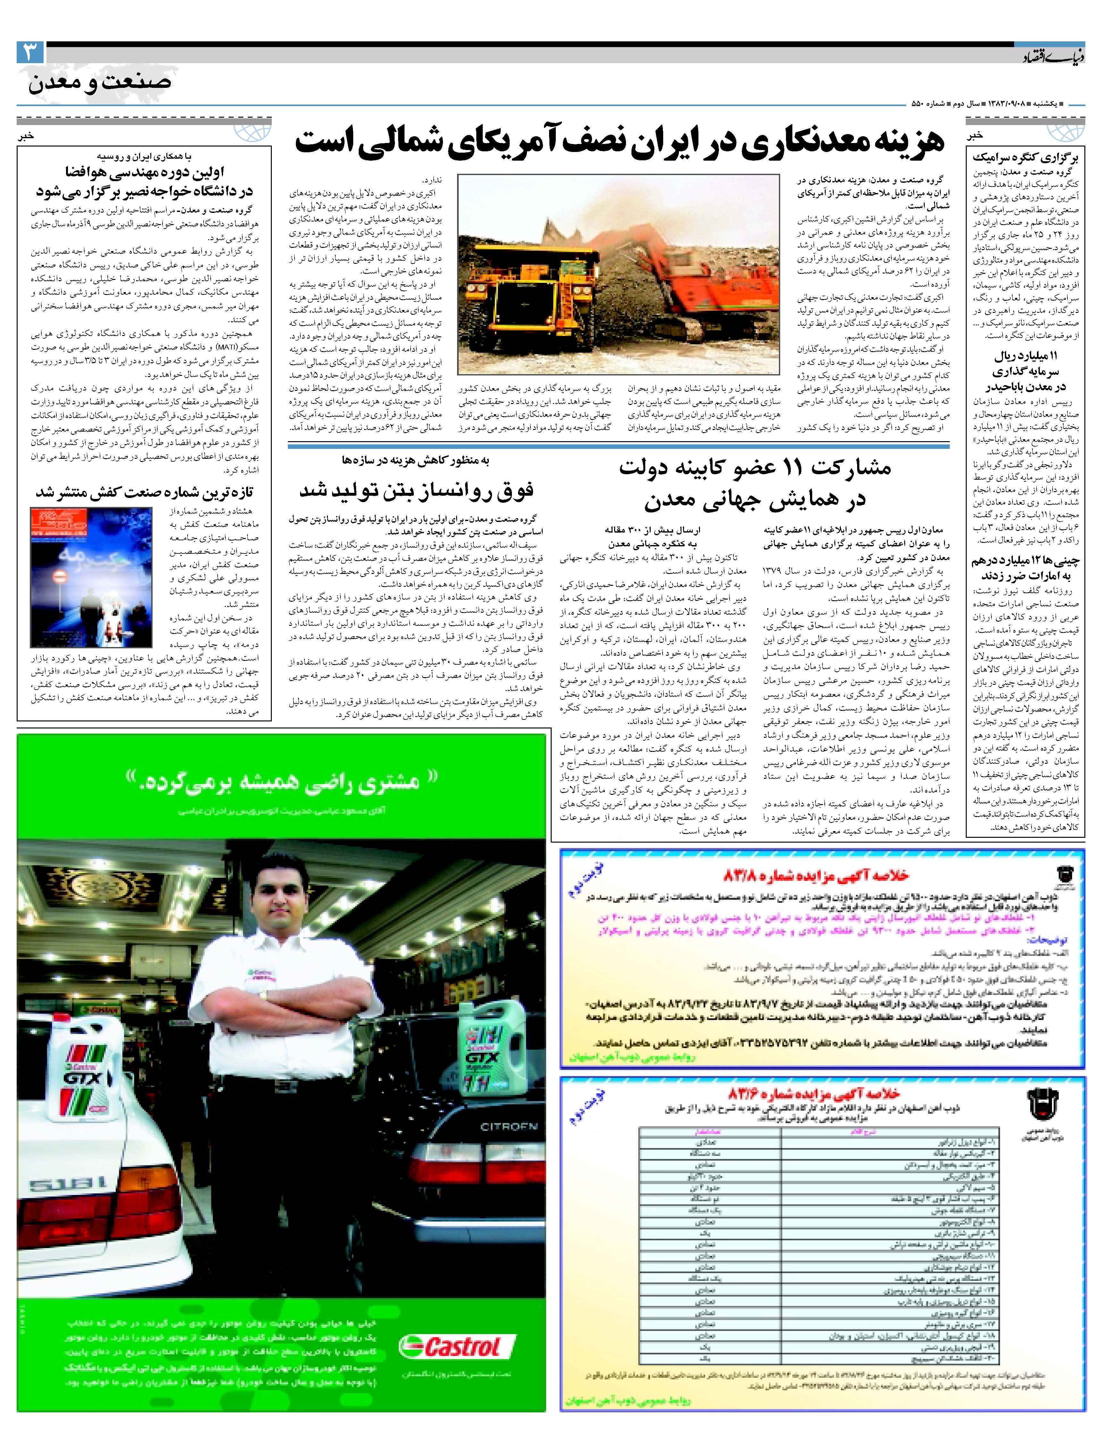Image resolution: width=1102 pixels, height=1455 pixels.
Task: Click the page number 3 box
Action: [x=30, y=53]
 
